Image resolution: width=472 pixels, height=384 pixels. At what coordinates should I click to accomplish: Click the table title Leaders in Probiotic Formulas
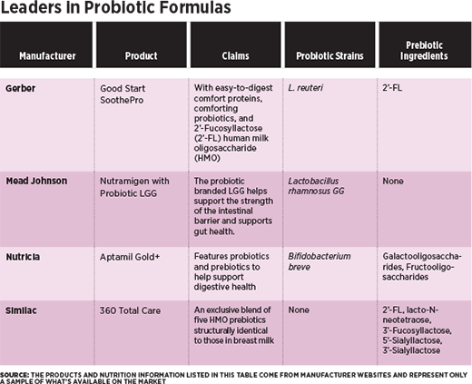click(115, 7)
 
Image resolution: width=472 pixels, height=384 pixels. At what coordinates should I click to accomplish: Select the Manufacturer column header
click(47, 56)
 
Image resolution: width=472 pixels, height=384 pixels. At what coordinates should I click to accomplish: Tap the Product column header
click(142, 56)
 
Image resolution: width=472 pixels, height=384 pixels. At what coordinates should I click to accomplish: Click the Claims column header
click(235, 56)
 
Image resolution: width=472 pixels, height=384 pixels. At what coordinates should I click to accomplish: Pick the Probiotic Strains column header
click(329, 56)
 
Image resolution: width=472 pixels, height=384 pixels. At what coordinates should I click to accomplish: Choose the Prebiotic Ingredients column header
click(424, 51)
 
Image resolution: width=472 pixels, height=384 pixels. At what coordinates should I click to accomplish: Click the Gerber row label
click(20, 88)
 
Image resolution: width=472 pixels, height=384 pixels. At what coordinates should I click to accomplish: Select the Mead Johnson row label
click(36, 181)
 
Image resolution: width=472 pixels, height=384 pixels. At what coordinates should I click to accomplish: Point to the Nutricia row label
click(23, 257)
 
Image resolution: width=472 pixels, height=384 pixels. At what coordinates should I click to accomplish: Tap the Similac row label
click(21, 310)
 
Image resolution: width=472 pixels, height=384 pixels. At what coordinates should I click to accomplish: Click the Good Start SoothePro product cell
click(123, 94)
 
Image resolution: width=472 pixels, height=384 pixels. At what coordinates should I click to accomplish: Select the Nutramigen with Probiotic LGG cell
click(134, 187)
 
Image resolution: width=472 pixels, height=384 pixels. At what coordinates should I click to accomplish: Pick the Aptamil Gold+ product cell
click(130, 257)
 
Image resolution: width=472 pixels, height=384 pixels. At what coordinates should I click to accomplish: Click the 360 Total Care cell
click(130, 310)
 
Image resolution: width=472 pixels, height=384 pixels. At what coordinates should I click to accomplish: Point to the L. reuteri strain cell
click(305, 88)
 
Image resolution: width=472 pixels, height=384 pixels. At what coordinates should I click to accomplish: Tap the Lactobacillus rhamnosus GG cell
click(316, 186)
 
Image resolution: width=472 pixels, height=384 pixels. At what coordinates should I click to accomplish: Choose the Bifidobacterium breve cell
click(320, 261)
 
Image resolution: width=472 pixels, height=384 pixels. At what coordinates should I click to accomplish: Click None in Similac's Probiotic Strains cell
click(299, 310)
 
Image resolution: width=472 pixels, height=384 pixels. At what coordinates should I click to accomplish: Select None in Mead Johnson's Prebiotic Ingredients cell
click(393, 181)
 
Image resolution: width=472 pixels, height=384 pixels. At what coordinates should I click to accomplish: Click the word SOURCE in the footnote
click(15, 375)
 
